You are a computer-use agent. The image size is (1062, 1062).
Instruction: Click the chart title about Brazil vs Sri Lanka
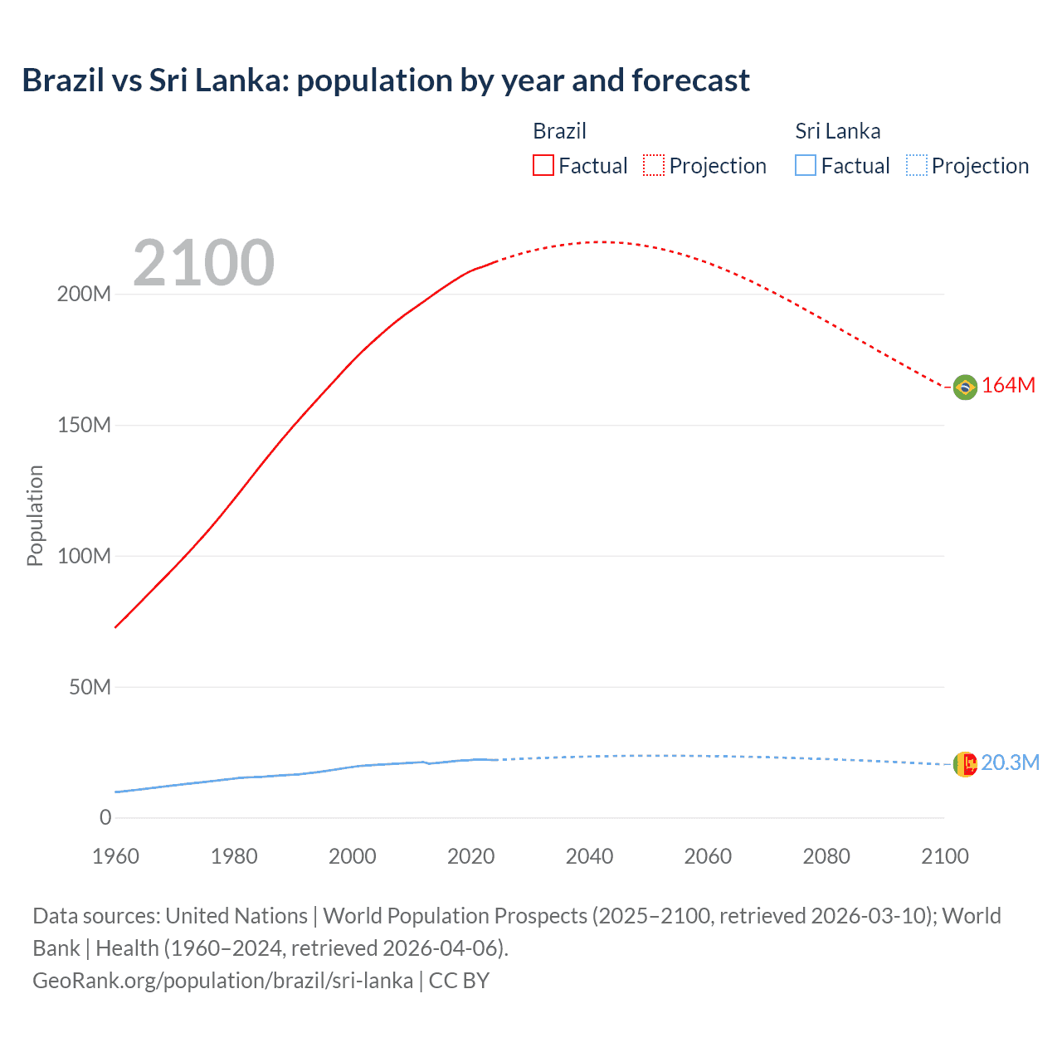(386, 80)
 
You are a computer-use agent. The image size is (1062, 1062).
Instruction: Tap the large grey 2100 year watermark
(203, 263)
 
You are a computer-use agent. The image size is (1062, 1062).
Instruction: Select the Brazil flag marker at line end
(965, 387)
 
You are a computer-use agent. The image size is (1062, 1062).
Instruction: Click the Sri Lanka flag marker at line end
(965, 764)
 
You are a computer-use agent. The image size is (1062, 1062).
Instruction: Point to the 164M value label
(1008, 386)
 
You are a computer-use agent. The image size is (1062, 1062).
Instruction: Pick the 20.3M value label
(1010, 763)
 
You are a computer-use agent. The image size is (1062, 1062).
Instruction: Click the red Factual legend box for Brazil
(543, 166)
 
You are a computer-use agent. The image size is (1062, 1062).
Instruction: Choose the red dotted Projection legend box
(654, 166)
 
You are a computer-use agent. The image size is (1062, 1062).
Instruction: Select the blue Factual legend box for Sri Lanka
(806, 166)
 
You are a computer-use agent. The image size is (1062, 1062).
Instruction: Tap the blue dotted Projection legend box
(917, 166)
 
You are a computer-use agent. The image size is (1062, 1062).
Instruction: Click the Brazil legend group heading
(559, 131)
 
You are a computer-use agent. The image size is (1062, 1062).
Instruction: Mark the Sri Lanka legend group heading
(837, 131)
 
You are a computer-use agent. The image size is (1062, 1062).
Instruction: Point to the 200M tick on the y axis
(84, 295)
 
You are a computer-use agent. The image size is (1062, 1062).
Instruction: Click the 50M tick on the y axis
(90, 687)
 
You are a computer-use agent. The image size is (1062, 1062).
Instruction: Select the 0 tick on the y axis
(105, 818)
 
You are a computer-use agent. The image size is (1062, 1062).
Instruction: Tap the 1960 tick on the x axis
(115, 856)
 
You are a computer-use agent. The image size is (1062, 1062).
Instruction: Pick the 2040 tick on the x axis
(589, 856)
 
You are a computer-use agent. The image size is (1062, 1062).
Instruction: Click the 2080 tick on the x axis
(826, 856)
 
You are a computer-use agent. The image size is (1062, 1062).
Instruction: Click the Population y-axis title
(35, 515)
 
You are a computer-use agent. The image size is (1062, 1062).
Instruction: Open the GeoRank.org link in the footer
(222, 981)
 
